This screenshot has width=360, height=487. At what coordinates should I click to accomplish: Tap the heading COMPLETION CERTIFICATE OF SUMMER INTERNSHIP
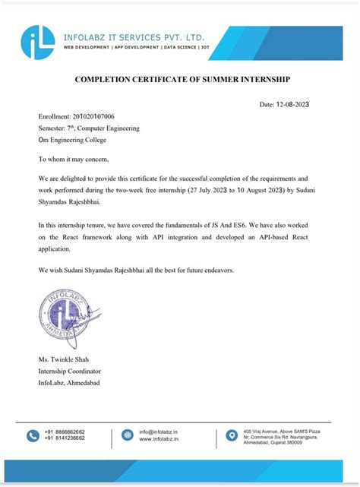(x=182, y=79)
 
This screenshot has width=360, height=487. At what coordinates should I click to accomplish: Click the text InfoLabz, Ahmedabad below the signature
(x=69, y=382)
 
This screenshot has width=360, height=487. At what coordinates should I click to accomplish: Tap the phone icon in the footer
(x=33, y=435)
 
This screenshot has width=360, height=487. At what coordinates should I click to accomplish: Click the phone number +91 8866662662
(x=65, y=432)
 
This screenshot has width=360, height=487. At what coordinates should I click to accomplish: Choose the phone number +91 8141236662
(x=65, y=438)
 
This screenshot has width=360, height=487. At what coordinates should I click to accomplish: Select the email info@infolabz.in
(x=158, y=432)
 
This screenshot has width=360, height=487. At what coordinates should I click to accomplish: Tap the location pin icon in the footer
(x=232, y=435)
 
